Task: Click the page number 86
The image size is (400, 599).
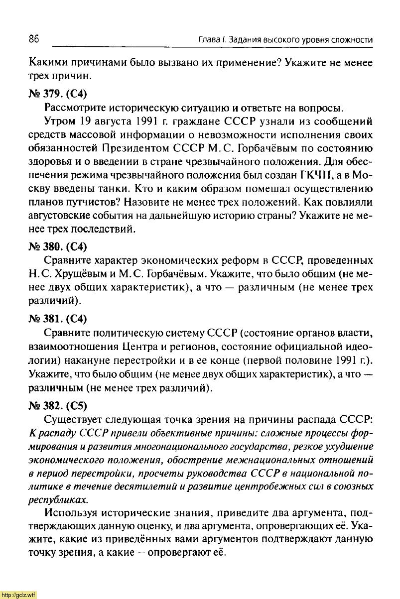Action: [x=34, y=39]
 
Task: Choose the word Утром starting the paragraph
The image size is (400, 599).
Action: [x=59, y=121]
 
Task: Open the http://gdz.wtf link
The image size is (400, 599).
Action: [x=18, y=595]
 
